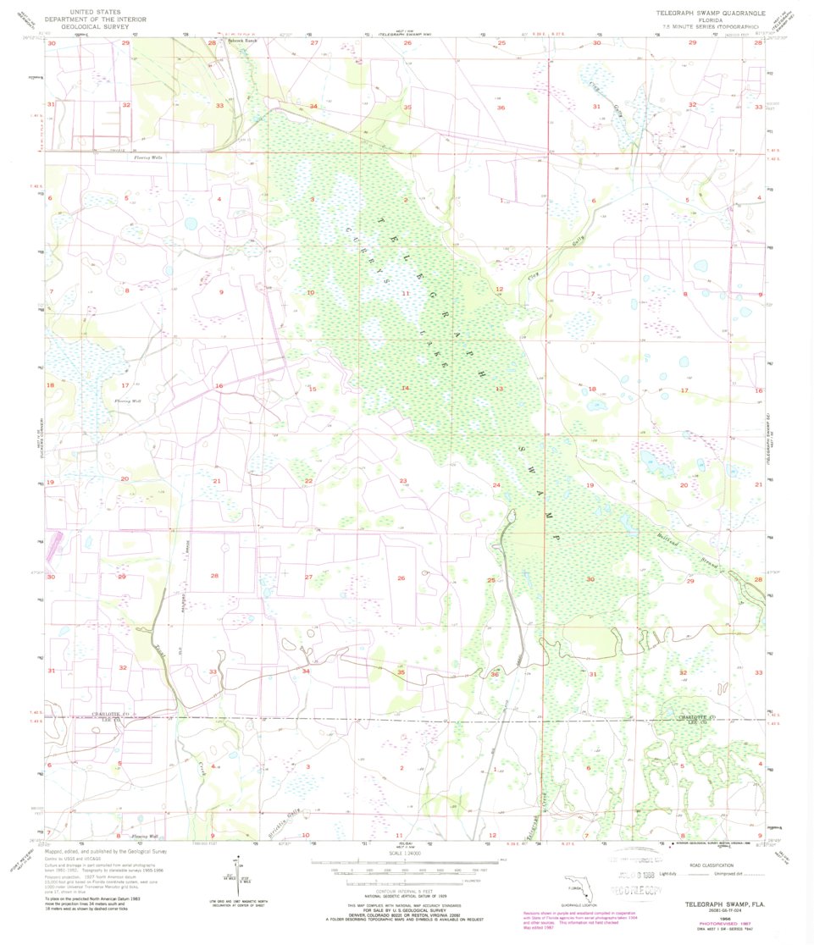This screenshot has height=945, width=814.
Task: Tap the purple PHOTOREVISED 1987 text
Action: (x=716, y=921)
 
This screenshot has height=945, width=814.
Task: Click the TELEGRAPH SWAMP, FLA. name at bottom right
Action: (x=713, y=905)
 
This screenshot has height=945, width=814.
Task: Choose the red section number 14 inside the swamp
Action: (x=405, y=388)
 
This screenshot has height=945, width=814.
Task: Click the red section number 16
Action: (x=218, y=385)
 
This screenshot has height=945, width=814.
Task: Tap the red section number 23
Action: (x=403, y=481)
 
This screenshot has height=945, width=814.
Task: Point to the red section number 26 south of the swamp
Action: (x=401, y=577)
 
